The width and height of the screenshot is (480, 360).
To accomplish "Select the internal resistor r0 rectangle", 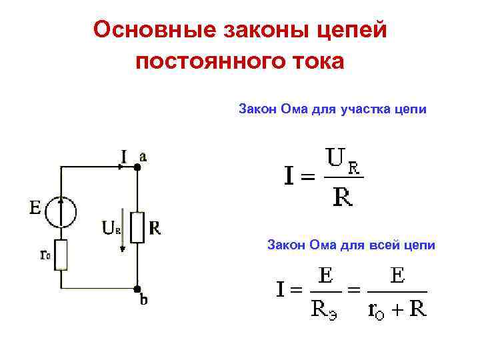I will click(61, 255).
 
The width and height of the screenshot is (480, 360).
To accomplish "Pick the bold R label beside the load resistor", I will click(155, 228).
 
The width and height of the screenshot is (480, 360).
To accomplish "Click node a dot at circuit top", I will click(137, 168).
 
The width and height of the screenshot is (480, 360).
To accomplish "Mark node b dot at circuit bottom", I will click(137, 289).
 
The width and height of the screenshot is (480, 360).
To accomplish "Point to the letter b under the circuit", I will click(143, 301).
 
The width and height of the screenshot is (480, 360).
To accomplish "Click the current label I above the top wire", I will click(124, 157).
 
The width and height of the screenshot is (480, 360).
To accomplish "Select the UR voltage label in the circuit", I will click(111, 228).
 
